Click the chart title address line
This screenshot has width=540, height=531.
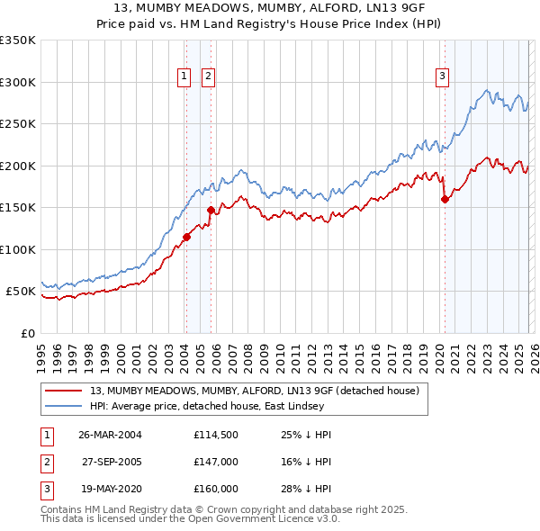click(x=269, y=8)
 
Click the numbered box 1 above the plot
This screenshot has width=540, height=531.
click(x=184, y=77)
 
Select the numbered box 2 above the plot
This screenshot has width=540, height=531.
click(x=208, y=77)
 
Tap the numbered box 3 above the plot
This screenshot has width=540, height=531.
click(x=443, y=77)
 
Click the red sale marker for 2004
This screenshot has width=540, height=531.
click(x=186, y=238)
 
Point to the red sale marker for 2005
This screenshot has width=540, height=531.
click(x=211, y=210)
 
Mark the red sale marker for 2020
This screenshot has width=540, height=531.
click(x=445, y=200)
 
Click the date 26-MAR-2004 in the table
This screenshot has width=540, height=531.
click(x=111, y=435)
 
